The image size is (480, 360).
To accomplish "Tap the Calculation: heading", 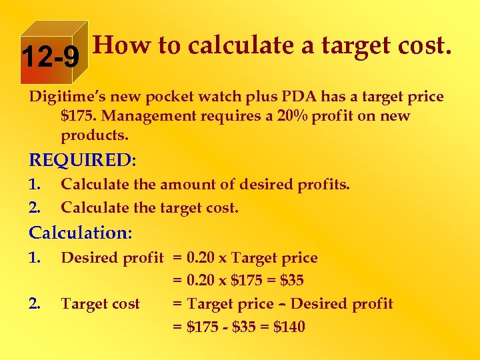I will (x=80, y=233).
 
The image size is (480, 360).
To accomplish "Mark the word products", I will (x=94, y=135).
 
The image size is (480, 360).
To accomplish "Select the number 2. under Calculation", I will (x=36, y=304).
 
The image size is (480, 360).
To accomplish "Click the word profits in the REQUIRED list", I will (x=324, y=184).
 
